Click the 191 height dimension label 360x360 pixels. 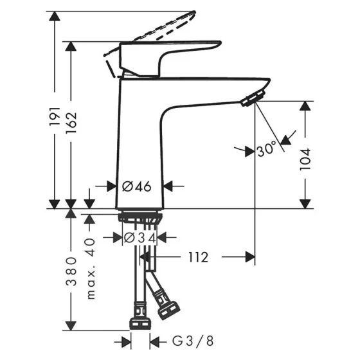click(55, 116)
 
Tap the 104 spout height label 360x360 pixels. click(305, 159)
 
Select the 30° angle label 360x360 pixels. click(267, 149)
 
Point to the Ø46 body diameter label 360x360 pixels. click(136, 186)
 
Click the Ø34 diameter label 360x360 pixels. click(140, 238)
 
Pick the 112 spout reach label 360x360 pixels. click(199, 257)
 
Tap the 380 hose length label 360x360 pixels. click(71, 271)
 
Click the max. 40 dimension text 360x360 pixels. click(91, 269)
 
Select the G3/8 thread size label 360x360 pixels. click(193, 341)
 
